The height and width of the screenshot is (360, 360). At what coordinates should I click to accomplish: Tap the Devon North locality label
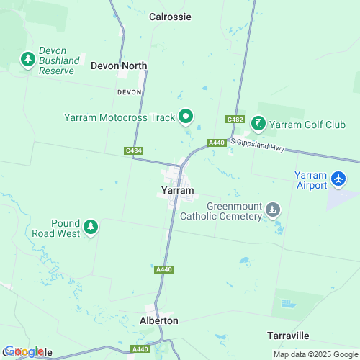[x=119, y=66]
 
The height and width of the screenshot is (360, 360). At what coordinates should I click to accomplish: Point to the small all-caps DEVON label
[x=130, y=92]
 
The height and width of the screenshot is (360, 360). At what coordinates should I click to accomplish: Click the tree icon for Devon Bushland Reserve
[x=29, y=59]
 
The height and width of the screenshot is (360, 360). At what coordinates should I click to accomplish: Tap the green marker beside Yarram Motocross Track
[x=186, y=115]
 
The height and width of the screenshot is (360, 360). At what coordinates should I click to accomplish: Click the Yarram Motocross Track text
[x=119, y=116]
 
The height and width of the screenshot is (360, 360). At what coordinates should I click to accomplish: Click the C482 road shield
[x=234, y=119]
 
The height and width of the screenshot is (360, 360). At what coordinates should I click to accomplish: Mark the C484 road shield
[x=132, y=150]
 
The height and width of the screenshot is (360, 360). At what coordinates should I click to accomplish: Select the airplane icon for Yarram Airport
[x=338, y=177]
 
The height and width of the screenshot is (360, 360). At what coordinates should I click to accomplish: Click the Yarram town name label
[x=177, y=191]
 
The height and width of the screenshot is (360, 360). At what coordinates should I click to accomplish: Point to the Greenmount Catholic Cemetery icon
[x=272, y=210]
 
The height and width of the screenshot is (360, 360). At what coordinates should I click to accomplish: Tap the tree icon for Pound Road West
[x=91, y=228]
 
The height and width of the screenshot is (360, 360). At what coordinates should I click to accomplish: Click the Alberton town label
[x=158, y=320]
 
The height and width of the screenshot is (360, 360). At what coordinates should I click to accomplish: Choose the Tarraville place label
[x=288, y=336]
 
